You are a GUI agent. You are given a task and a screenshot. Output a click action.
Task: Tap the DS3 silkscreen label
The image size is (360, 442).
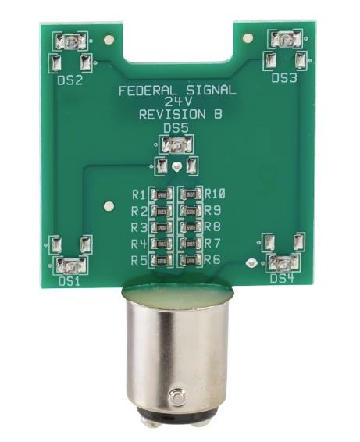[x=283, y=79]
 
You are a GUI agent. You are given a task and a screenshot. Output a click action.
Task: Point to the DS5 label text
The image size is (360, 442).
[x=176, y=128]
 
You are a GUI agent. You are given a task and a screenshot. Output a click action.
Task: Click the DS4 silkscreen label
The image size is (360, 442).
[x=282, y=279]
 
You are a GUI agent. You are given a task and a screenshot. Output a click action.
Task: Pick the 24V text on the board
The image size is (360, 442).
[x=177, y=102]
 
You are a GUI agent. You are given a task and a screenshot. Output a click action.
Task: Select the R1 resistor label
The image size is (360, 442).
[x=139, y=194]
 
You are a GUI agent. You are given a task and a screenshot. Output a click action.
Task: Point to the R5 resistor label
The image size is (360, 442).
[x=139, y=260]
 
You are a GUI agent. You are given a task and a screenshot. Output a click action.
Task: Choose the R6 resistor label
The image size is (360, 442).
[x=213, y=260]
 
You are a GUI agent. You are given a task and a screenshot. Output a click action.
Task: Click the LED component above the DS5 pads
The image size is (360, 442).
[x=177, y=144]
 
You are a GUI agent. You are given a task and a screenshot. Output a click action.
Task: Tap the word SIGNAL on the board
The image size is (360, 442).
[x=205, y=91]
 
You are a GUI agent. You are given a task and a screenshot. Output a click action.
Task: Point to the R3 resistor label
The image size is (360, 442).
[x=139, y=227]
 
